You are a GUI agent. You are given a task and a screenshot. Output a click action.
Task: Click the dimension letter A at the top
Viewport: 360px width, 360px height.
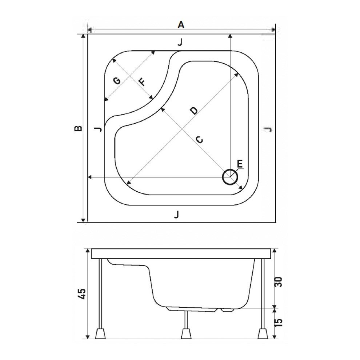(x=181, y=24)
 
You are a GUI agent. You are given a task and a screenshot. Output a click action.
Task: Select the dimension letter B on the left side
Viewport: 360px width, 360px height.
(x=77, y=128)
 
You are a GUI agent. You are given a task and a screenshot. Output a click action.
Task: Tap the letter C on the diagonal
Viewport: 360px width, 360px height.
(x=199, y=139)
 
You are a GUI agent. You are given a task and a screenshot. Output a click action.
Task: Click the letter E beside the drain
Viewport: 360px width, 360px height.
(x=240, y=164)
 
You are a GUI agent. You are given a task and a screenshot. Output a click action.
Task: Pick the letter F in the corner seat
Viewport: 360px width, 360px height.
(x=142, y=81)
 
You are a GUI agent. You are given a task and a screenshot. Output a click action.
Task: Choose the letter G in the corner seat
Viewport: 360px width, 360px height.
(x=117, y=81)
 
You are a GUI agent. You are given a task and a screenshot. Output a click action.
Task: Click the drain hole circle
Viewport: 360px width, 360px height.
(x=230, y=177)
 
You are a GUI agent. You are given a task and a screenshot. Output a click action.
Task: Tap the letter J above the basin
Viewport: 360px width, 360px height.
(x=180, y=43)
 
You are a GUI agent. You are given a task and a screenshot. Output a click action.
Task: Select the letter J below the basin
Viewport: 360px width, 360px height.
(x=177, y=215)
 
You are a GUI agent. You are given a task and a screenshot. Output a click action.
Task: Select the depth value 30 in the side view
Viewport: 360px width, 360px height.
(x=278, y=282)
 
